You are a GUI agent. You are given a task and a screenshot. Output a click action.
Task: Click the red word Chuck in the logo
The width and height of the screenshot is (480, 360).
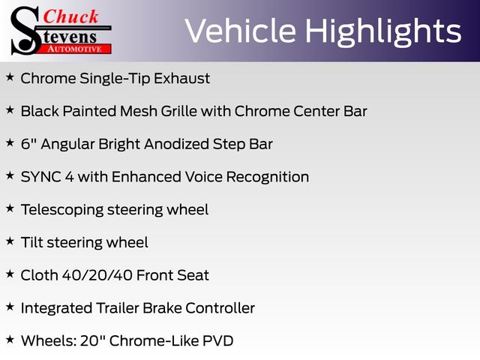tap(70, 16)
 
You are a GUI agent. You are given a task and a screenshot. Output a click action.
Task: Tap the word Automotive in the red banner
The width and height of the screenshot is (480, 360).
tap(74, 49)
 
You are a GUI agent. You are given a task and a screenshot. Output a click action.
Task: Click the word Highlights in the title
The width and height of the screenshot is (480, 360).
tap(383, 31)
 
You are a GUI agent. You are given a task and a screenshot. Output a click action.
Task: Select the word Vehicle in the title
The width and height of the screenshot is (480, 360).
tap(241, 31)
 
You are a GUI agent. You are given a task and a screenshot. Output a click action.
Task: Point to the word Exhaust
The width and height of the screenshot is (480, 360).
tap(181, 78)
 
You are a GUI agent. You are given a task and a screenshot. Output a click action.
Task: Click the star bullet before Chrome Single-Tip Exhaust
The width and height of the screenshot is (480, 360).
tap(10, 76)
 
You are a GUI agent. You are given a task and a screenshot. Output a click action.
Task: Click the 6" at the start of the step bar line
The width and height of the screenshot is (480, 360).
tap(28, 143)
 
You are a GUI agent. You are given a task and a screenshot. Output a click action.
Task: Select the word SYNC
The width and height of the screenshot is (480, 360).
tap(41, 177)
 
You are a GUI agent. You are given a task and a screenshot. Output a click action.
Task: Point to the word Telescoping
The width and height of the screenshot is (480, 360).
tap(62, 210)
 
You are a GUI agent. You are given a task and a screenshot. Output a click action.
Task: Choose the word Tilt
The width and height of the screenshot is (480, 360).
tap(31, 242)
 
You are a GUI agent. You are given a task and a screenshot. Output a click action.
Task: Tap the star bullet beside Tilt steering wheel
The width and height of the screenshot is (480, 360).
tap(10, 241)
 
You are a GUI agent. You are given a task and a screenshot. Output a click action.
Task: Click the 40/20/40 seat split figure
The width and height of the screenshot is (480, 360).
tap(97, 275)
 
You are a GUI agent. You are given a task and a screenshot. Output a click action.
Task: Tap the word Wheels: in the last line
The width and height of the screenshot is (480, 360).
tap(48, 340)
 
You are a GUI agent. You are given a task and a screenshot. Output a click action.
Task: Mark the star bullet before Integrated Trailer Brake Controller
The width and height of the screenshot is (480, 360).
tap(10, 307)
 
